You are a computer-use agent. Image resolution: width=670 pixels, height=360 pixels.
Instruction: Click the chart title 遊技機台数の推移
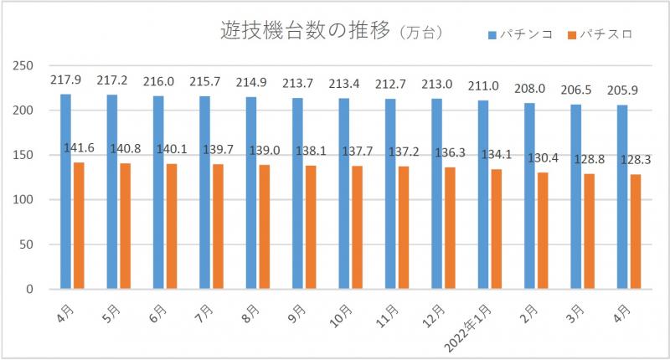click(x=306, y=33)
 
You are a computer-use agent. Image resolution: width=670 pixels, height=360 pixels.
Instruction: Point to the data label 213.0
click(x=437, y=83)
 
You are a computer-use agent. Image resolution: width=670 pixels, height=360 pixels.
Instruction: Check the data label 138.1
click(x=312, y=149)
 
